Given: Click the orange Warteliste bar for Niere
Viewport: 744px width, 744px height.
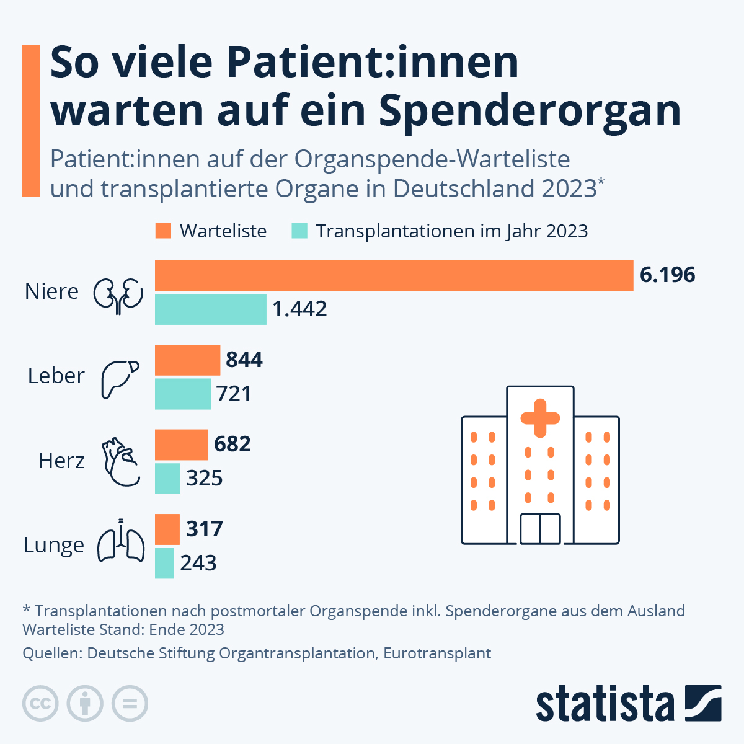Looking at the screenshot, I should tap(394, 275).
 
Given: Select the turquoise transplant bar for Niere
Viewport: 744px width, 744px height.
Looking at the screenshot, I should tap(210, 309).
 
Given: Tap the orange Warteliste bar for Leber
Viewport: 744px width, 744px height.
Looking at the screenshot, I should tap(187, 360).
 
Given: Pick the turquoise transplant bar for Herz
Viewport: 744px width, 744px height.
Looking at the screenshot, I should tap(167, 479).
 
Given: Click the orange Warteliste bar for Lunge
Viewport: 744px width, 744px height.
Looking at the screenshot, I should tap(167, 529).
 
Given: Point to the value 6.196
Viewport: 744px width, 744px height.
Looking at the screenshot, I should tap(667, 275).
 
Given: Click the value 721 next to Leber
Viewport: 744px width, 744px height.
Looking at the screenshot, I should tap(234, 394).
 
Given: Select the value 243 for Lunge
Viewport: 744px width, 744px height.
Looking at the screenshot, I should tap(198, 563).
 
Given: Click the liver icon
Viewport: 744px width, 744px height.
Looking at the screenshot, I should tap(120, 378).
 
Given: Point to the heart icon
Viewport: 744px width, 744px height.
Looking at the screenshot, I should tap(120, 462).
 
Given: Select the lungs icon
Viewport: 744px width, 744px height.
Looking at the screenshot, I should tap(121, 541).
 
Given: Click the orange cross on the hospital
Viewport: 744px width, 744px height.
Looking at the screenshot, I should tap(540, 418).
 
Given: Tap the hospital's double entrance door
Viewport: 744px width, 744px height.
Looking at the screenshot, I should tap(540, 529).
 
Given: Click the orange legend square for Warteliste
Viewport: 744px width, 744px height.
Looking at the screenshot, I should tap(162, 231).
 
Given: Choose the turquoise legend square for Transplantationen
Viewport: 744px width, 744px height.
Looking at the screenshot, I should tap(299, 231).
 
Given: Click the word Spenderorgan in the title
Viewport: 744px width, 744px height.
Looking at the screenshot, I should tap(529, 110).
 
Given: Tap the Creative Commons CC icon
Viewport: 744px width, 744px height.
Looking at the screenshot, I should tap(40, 704).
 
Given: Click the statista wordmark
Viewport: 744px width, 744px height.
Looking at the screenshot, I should tap(604, 704).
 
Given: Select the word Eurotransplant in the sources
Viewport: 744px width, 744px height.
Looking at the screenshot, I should tap(437, 653).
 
